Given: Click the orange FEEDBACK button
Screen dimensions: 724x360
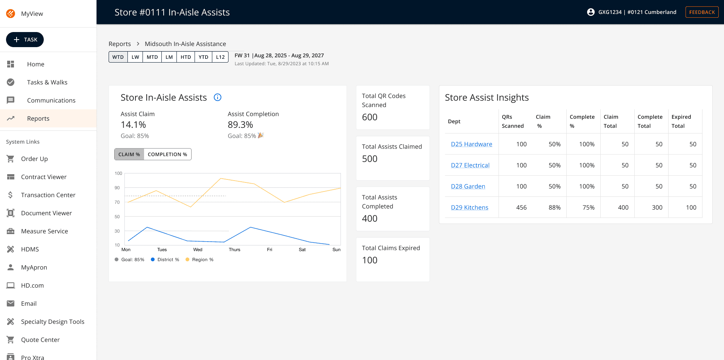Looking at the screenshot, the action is pyautogui.click(x=702, y=12).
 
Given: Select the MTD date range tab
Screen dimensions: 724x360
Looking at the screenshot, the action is pyautogui.click(x=152, y=57).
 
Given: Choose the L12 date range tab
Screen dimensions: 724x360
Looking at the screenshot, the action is pyautogui.click(x=220, y=57).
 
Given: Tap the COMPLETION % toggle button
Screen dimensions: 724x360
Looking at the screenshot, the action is pyautogui.click(x=167, y=154).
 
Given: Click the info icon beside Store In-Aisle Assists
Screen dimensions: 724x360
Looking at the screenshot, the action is pyautogui.click(x=218, y=97).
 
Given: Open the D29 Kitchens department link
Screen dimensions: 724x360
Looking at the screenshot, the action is pyautogui.click(x=469, y=207).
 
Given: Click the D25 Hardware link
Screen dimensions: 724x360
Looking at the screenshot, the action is pyautogui.click(x=471, y=144).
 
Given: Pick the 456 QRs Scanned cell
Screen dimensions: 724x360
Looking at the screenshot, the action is pyautogui.click(x=522, y=207).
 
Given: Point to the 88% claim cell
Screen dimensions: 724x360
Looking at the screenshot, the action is pyautogui.click(x=555, y=207).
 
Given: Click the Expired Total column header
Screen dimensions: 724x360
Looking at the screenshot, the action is pyautogui.click(x=681, y=121).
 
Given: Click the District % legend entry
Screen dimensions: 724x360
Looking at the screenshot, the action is pyautogui.click(x=165, y=259).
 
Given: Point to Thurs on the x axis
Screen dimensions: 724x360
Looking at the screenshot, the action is pyautogui.click(x=234, y=250).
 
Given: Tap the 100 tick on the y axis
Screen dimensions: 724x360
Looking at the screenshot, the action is pyautogui.click(x=118, y=173).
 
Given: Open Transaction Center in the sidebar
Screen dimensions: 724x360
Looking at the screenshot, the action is pyautogui.click(x=48, y=195).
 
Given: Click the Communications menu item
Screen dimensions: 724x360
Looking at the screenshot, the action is pyautogui.click(x=51, y=100).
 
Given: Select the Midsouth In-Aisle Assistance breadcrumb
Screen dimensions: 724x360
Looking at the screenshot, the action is pyautogui.click(x=186, y=44).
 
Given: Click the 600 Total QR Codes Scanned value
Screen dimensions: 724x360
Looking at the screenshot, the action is pyautogui.click(x=370, y=117).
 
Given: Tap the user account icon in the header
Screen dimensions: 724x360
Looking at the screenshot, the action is pyautogui.click(x=591, y=12).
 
